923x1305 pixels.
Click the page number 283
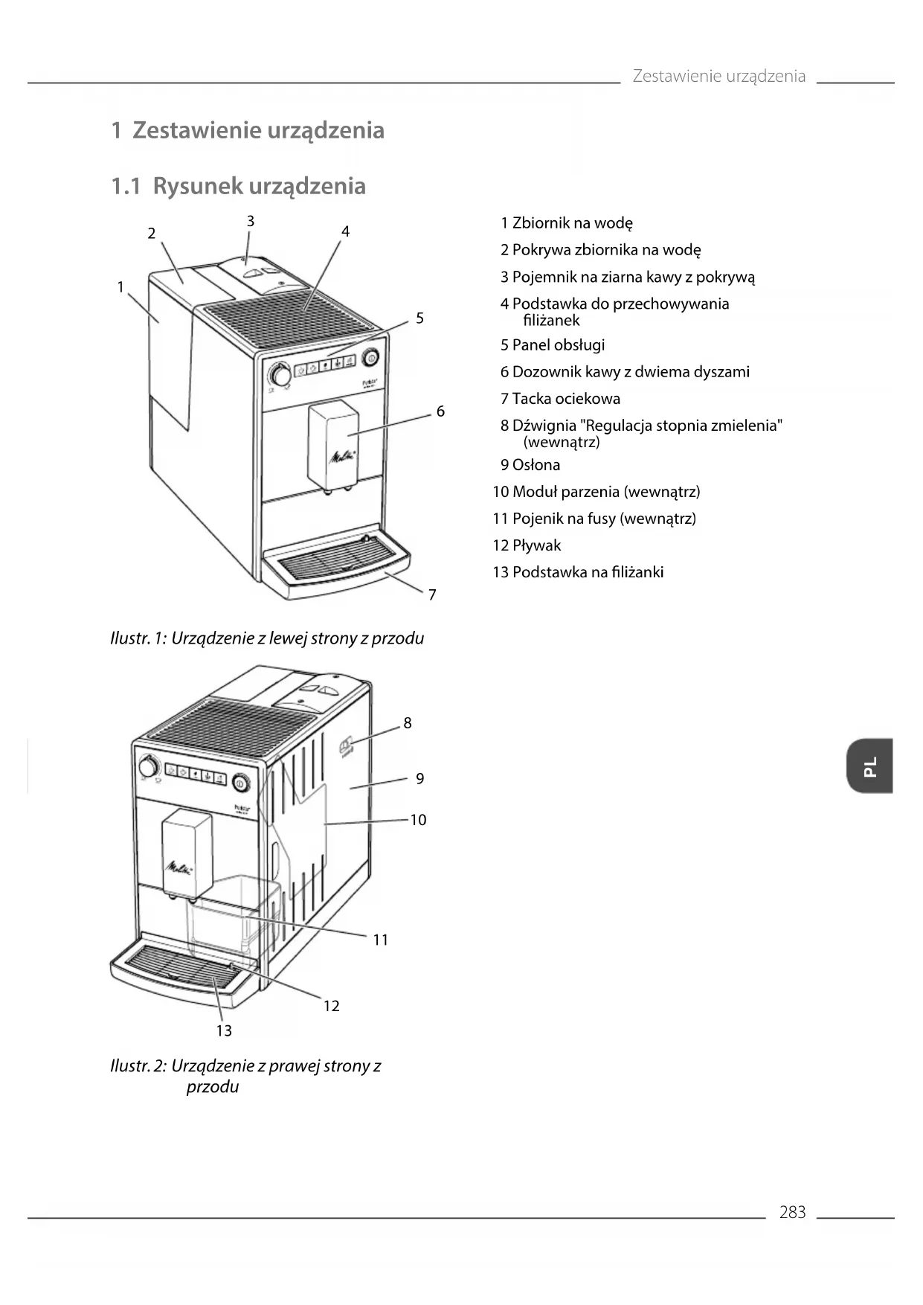(792, 1212)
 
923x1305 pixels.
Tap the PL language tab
(869, 766)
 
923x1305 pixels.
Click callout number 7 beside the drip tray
(432, 594)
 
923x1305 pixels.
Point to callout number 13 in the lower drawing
(224, 1030)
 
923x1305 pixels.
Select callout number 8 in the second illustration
(408, 722)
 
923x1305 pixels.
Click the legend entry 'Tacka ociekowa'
(560, 399)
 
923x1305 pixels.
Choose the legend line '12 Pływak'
(527, 545)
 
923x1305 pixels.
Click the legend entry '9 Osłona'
(530, 465)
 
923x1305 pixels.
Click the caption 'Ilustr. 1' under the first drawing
(266, 638)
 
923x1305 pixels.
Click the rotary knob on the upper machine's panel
(280, 373)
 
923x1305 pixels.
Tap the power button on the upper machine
(370, 358)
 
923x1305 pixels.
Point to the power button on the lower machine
(240, 783)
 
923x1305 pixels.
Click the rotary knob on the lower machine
(149, 766)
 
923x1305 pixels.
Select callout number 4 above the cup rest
(345, 231)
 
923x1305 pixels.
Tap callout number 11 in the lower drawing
(381, 940)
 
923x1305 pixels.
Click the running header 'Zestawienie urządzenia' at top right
(718, 76)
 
